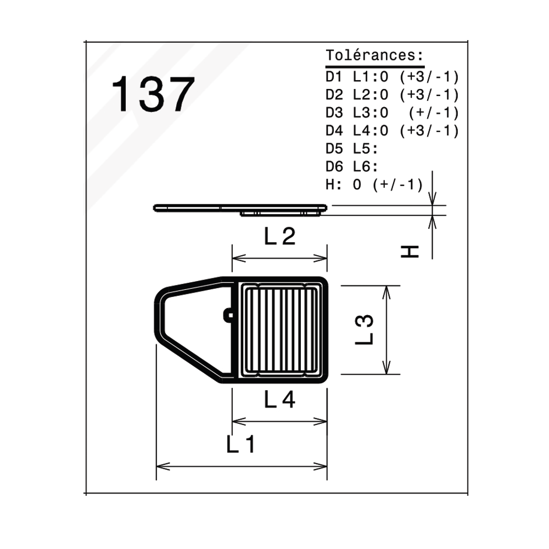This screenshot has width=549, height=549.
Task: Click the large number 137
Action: click(x=153, y=94)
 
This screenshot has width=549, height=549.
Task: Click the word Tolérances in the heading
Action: click(x=371, y=55)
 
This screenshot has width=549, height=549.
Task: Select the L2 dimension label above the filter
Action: click(x=279, y=236)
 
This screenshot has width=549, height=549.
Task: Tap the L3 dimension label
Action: click(x=365, y=330)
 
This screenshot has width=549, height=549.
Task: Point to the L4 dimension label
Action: click(x=279, y=400)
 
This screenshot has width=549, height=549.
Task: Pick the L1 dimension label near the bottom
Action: click(x=241, y=444)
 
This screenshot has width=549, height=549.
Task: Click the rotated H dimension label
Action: click(x=410, y=252)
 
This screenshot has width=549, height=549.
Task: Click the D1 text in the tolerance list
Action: click(x=334, y=77)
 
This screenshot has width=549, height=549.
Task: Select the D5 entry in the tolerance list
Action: click(x=334, y=149)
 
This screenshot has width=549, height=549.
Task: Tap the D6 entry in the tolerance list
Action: click(x=334, y=167)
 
